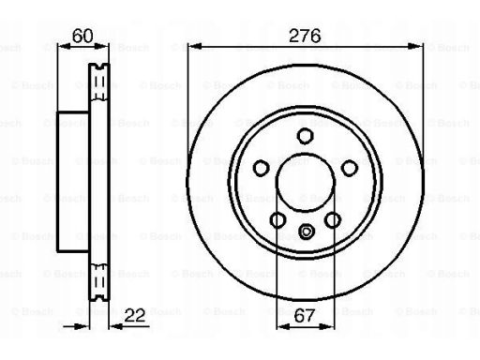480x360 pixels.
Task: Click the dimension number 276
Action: click(x=304, y=37)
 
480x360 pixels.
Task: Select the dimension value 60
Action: click(x=83, y=37)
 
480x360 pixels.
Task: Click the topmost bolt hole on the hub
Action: click(x=304, y=137)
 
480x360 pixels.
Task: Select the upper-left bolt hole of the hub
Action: click(x=261, y=168)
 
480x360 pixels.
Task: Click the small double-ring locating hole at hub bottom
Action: click(x=304, y=232)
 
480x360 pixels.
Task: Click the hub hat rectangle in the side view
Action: click(x=74, y=183)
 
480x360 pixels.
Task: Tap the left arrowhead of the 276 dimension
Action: click(x=192, y=48)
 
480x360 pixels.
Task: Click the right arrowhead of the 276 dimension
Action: click(x=416, y=48)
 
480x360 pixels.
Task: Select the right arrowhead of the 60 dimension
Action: click(x=105, y=48)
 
